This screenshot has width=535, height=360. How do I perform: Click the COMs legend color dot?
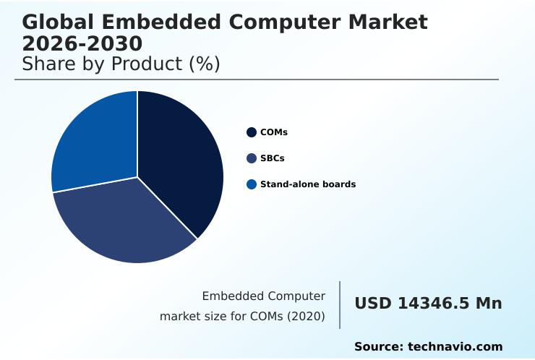[x=252, y=132]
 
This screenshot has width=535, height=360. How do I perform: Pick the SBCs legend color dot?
[x=252, y=158]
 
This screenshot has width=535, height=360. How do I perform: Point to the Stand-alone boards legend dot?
[x=252, y=184]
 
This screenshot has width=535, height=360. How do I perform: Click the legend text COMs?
[x=274, y=132]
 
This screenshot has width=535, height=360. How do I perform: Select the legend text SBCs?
[x=272, y=158]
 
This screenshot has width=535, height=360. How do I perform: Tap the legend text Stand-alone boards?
[x=308, y=184]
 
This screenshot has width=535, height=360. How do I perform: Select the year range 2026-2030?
[x=82, y=43]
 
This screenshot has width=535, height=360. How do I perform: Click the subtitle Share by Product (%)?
[x=121, y=64]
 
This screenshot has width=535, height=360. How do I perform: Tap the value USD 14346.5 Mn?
[x=428, y=304]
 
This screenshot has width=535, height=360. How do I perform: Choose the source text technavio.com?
[x=455, y=347]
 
